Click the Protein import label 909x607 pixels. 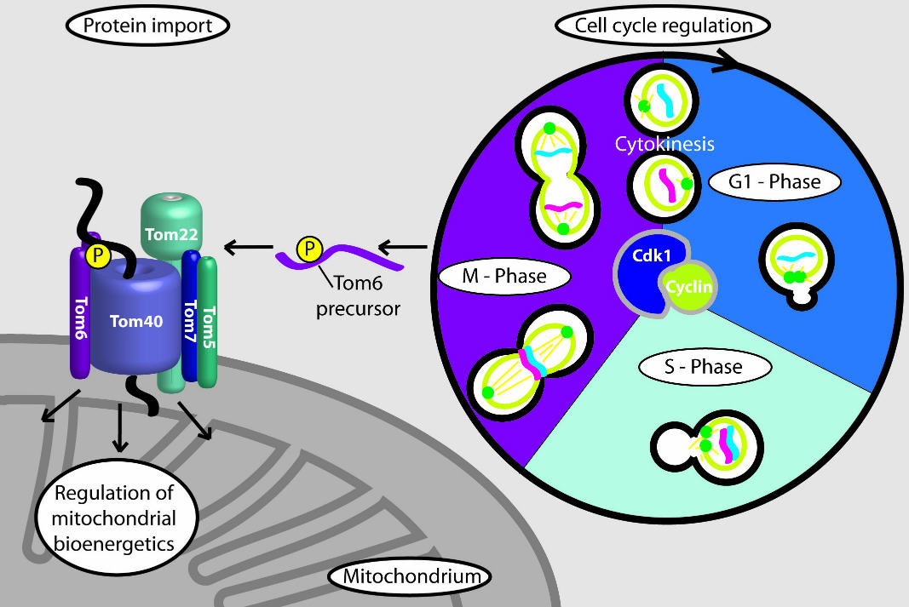point(148,26)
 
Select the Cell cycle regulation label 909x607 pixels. point(664,26)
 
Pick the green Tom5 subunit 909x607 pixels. point(209,324)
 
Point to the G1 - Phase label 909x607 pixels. point(774,181)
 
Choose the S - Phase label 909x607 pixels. point(705,367)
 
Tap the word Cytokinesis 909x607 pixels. point(664,144)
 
